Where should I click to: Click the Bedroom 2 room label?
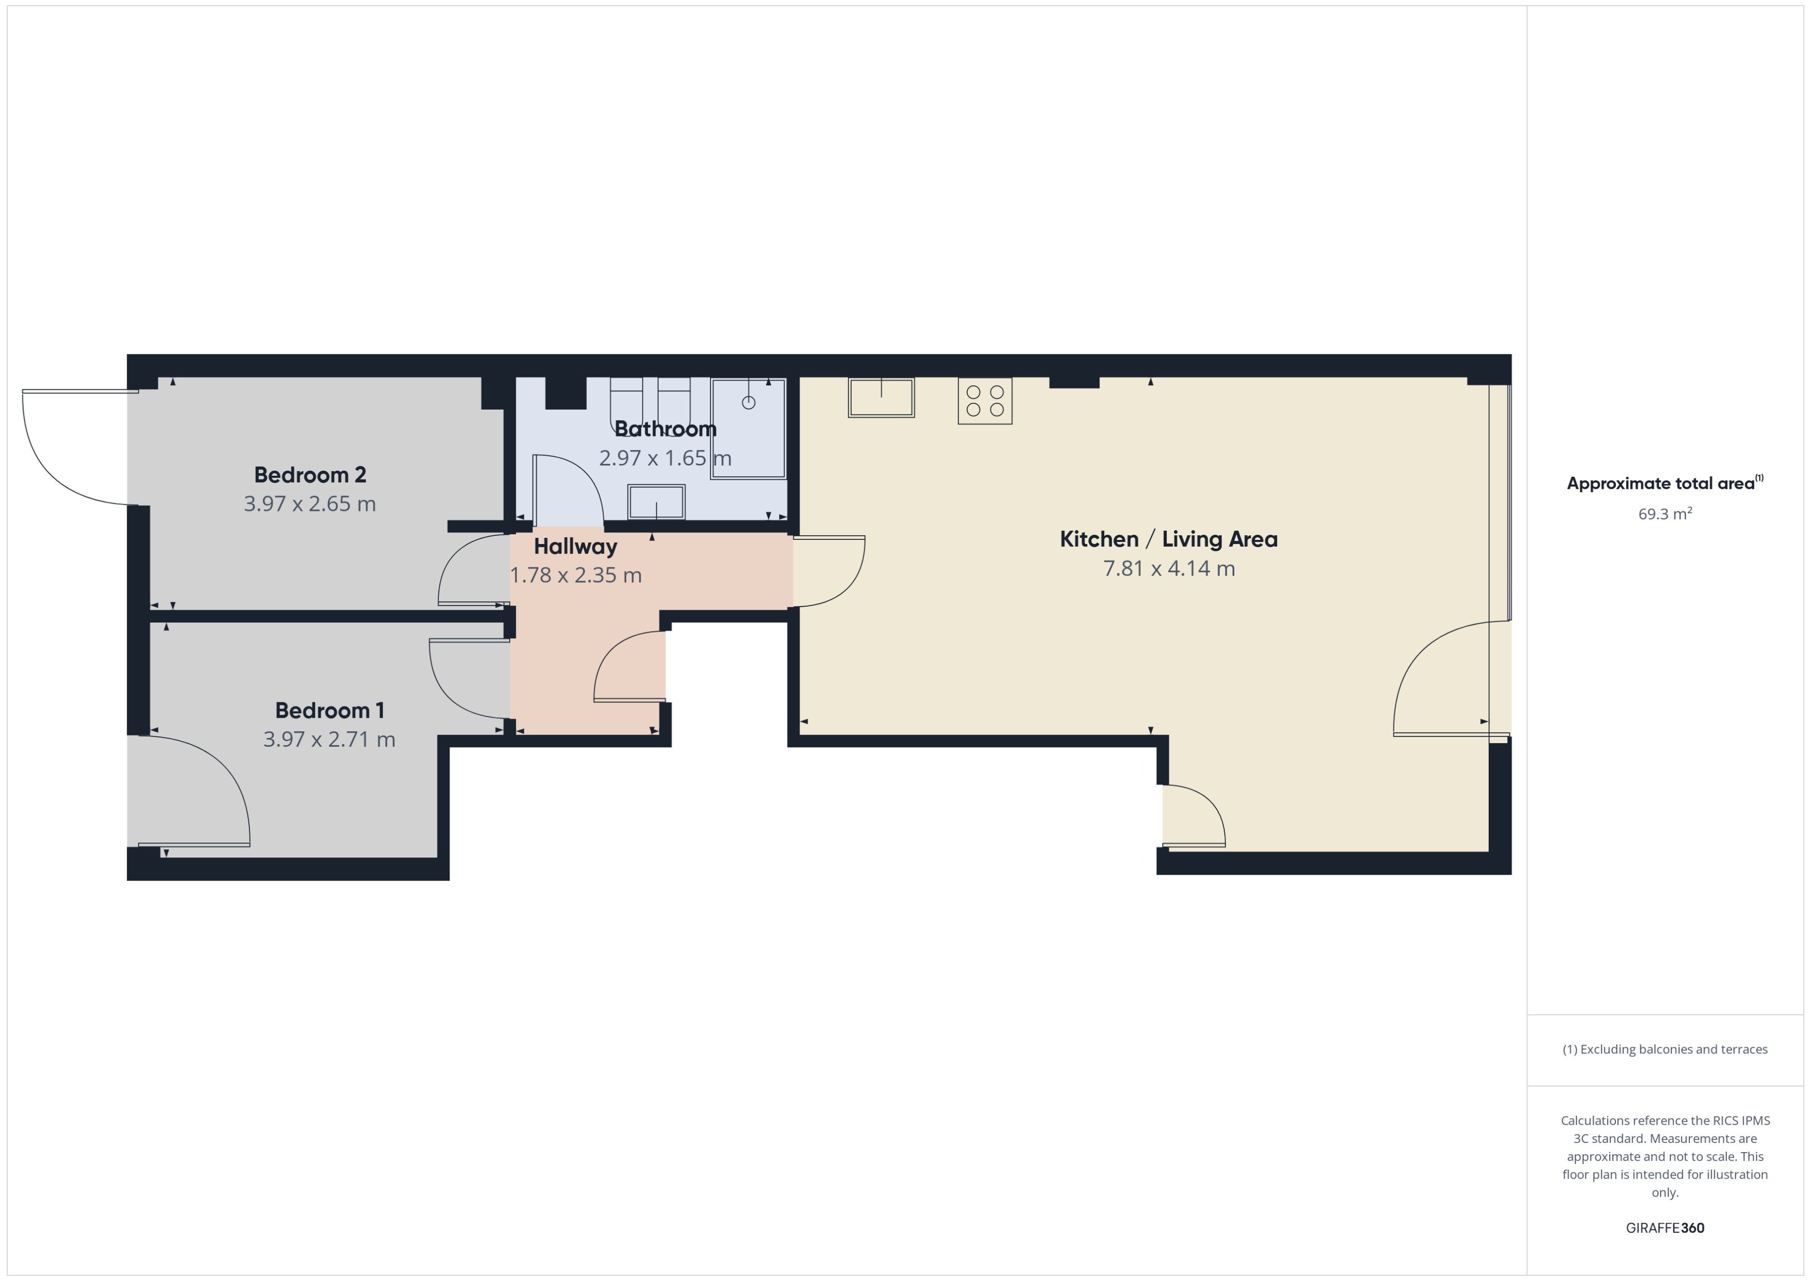pyautogui.click(x=309, y=475)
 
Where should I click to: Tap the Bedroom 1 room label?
pyautogui.click(x=329, y=711)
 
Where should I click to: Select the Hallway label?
pyautogui.click(x=575, y=546)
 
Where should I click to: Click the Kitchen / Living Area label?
pyautogui.click(x=1168, y=539)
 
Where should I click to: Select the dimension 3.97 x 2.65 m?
pyautogui.click(x=309, y=504)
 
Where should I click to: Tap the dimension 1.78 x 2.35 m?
pyautogui.click(x=575, y=575)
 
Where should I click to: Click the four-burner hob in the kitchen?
pyautogui.click(x=985, y=401)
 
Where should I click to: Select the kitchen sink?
pyautogui.click(x=881, y=398)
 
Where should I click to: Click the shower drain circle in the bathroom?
pyautogui.click(x=748, y=403)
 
